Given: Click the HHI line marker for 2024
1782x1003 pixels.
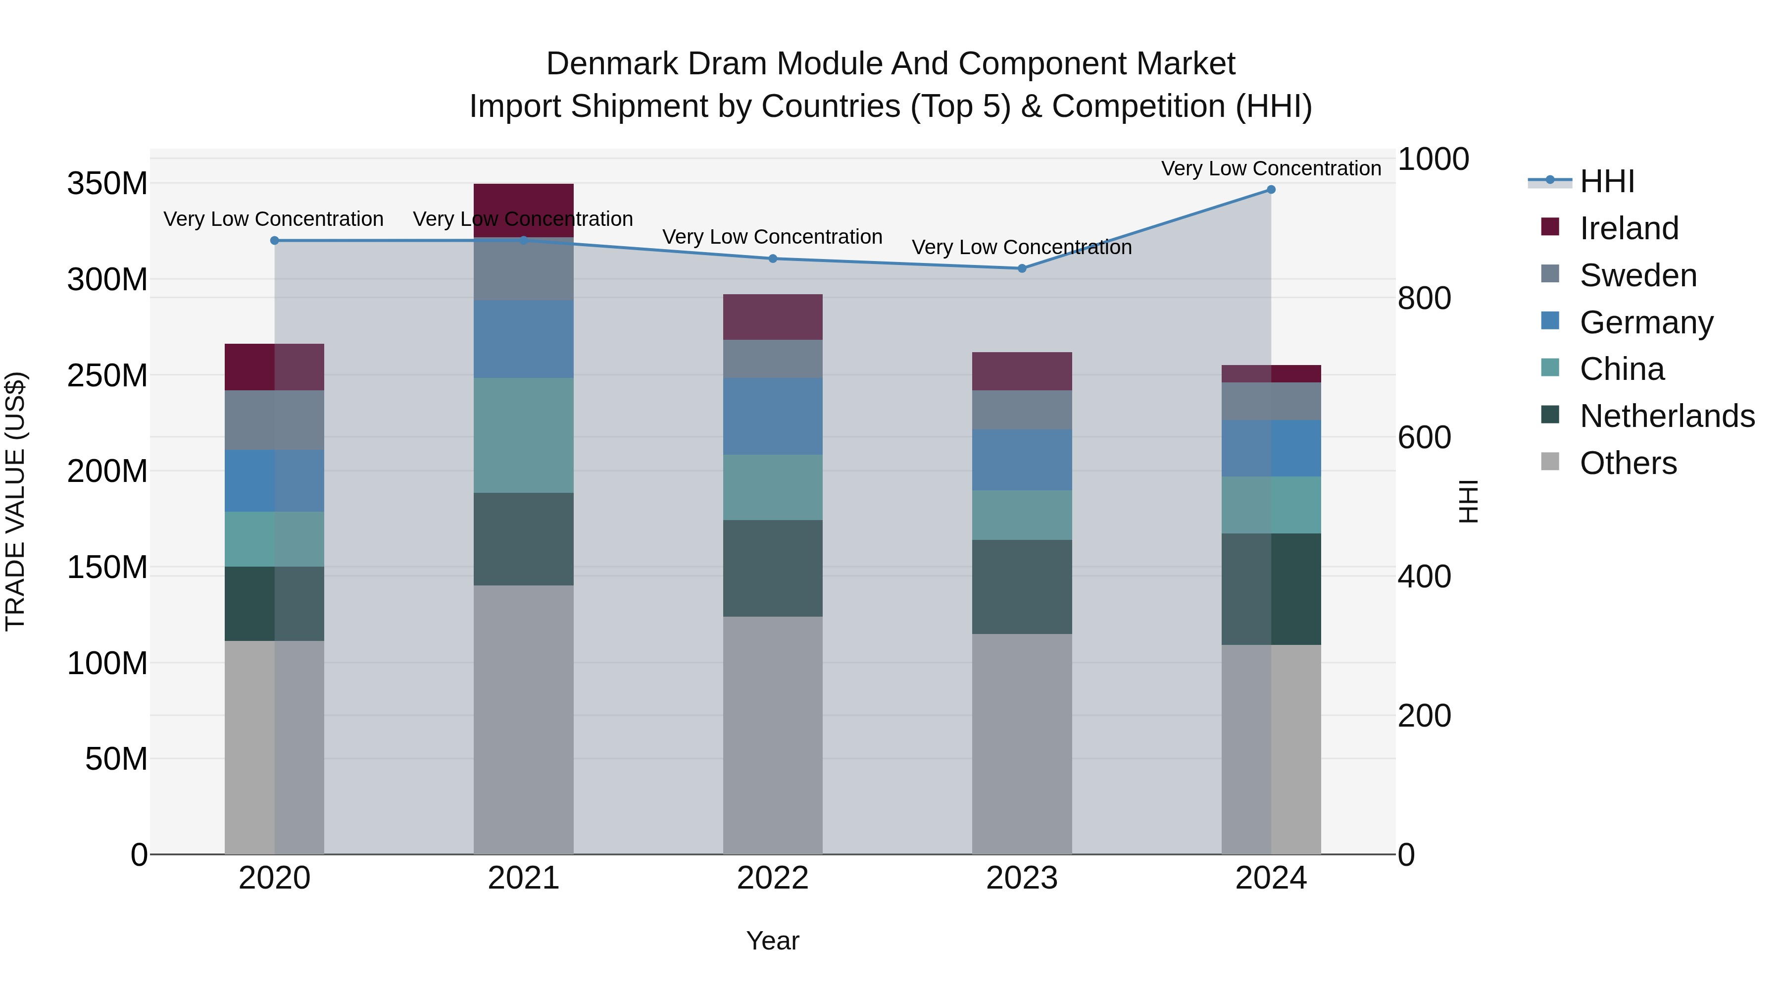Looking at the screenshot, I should pos(1271,190).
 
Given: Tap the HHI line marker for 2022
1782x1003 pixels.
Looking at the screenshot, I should pos(773,259).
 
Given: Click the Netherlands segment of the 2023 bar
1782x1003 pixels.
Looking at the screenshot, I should pos(1022,587).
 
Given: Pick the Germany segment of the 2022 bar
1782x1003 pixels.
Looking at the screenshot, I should pos(773,417).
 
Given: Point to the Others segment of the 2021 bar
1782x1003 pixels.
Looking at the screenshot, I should pos(524,720).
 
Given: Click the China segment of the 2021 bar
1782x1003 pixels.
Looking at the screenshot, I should pos(524,435).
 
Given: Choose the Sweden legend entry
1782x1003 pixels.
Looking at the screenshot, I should pos(1637,275).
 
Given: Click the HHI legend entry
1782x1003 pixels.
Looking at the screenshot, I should pos(1606,181).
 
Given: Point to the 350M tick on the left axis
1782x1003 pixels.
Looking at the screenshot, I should pos(107,184).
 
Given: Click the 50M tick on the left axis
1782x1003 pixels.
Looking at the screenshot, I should pos(116,759).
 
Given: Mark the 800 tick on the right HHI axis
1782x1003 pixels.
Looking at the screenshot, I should pos(1424,298).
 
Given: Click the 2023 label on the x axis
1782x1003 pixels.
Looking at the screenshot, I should pos(1022,878).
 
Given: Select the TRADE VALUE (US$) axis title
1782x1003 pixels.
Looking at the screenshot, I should pos(15,501).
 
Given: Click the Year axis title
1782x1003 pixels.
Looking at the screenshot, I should pos(773,941).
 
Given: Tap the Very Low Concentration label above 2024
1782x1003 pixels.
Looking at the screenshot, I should pos(1271,168).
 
